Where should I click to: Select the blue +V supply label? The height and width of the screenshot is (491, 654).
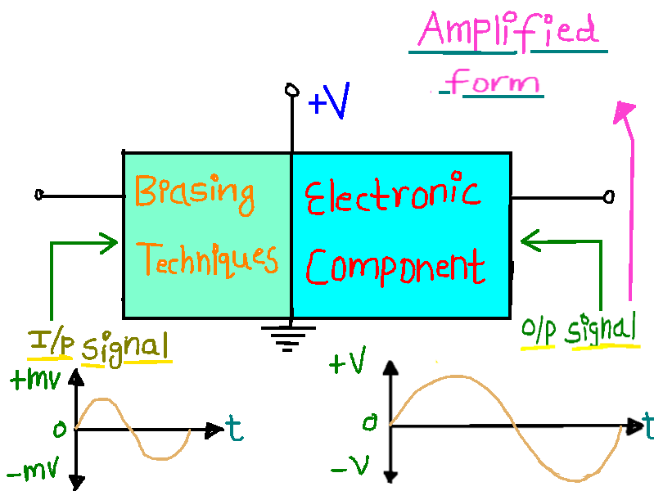[329, 104]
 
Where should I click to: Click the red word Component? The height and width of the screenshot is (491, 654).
[395, 266]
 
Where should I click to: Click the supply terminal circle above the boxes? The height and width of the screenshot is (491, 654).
[291, 90]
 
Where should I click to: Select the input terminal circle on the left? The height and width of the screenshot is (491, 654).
[39, 196]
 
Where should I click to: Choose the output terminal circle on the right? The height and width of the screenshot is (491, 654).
[607, 196]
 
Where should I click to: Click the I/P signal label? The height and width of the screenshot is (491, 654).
[99, 345]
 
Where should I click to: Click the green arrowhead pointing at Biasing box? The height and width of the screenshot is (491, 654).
[110, 241]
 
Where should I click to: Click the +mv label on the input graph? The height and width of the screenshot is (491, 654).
[31, 380]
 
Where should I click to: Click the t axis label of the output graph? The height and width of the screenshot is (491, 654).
[647, 425]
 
